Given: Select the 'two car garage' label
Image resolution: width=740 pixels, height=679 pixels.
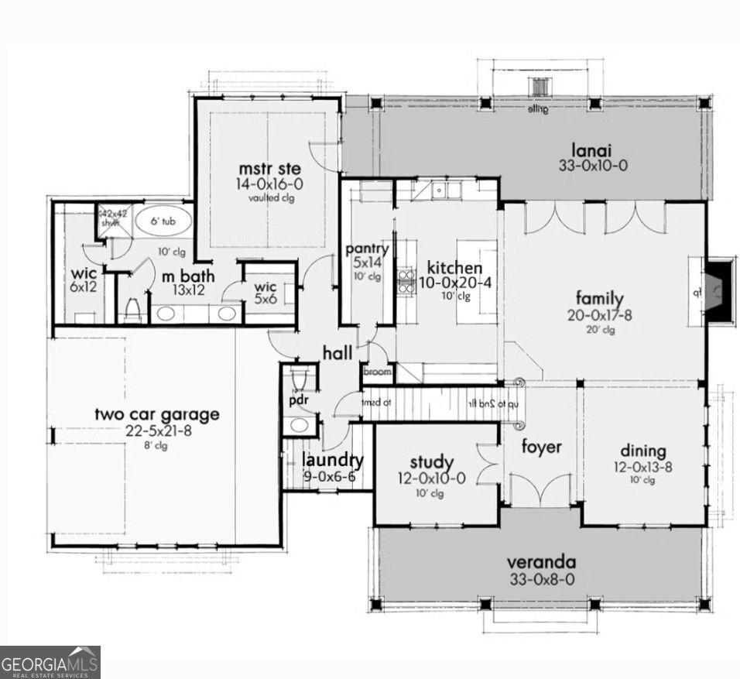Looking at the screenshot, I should tap(156, 414).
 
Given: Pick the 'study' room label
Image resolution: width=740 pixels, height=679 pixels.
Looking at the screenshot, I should tap(431, 463).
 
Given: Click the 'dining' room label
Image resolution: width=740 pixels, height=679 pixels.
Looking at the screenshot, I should tap(642, 451).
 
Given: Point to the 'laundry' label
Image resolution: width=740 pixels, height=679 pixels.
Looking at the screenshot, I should tap(329, 459).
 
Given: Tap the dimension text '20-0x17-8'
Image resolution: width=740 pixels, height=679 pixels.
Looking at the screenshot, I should tap(599, 315).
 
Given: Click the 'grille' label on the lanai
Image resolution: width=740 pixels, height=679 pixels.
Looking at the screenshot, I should tap(538, 109).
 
